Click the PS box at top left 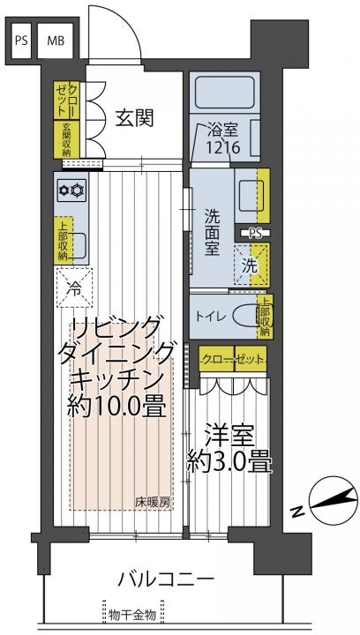click(x=21, y=41)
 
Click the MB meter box click(x=56, y=41)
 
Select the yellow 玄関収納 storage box click(x=66, y=139)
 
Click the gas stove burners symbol click(x=71, y=190)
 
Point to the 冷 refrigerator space click(x=74, y=288)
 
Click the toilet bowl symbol click(x=248, y=317)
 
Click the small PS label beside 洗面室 click(x=255, y=233)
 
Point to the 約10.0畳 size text click(x=116, y=406)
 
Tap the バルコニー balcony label click(x=165, y=580)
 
